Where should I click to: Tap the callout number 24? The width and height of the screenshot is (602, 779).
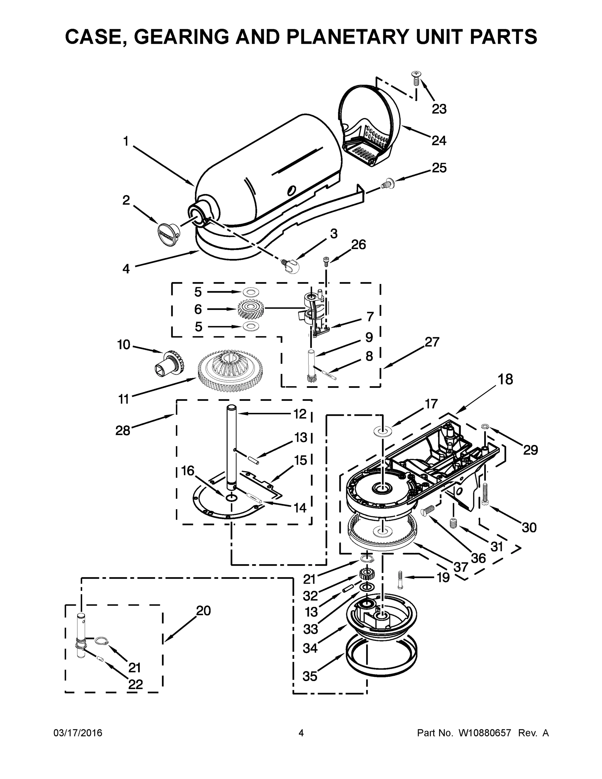click(x=439, y=141)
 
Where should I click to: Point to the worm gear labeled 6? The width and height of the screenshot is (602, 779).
click(x=250, y=309)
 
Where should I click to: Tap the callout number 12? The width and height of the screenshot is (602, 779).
click(x=300, y=414)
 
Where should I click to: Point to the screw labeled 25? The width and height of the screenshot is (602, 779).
click(x=387, y=184)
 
